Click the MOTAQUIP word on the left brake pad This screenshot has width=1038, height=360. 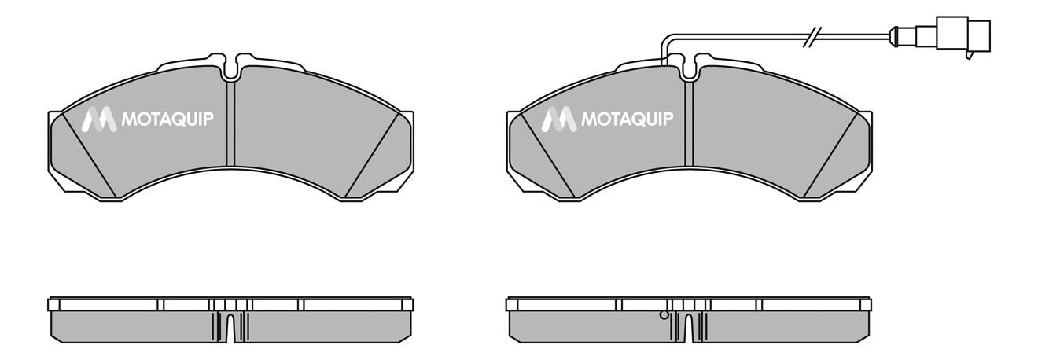[167, 119]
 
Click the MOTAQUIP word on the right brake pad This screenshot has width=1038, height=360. [627, 119]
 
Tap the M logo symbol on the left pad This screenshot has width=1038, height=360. [99, 119]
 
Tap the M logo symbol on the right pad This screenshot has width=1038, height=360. [559, 119]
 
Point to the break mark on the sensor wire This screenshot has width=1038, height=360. [812, 36]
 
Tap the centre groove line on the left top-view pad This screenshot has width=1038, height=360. [230, 126]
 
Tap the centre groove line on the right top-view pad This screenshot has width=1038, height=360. [690, 126]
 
